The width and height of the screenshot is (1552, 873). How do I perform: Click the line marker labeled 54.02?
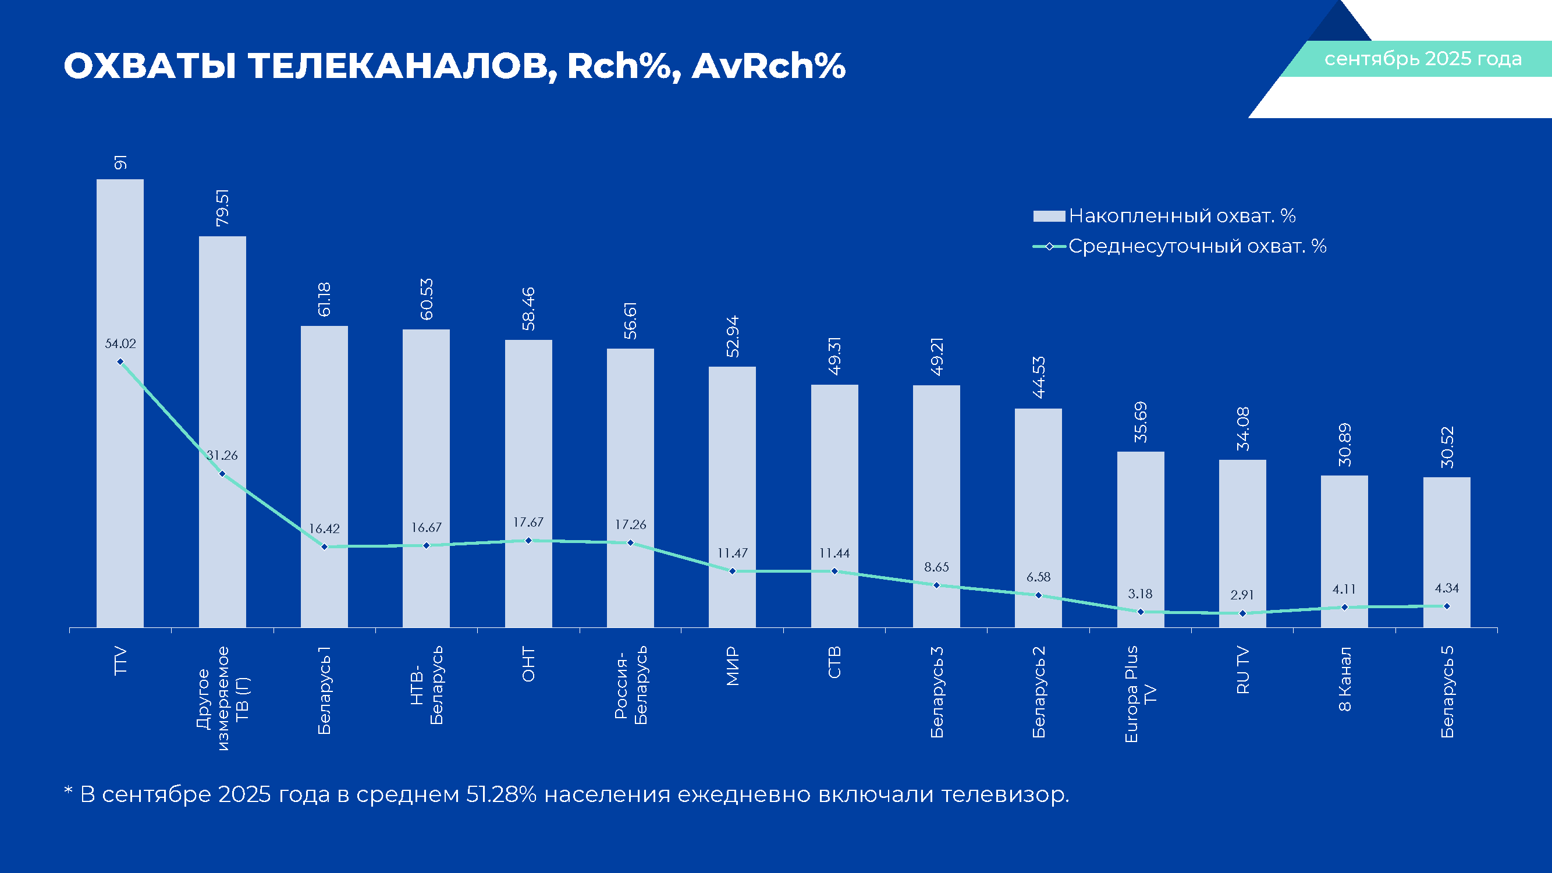click(x=120, y=361)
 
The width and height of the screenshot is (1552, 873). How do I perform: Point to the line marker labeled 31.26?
click(x=222, y=474)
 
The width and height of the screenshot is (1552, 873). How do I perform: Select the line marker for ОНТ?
click(x=528, y=541)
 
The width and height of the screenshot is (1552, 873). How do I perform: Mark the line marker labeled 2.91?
click(x=1242, y=613)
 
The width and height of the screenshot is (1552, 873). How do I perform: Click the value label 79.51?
click(x=222, y=208)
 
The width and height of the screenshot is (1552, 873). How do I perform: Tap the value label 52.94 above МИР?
click(x=733, y=336)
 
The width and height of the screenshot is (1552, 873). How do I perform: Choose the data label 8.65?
click(x=936, y=567)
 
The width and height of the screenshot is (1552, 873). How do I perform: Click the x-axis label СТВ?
click(x=834, y=662)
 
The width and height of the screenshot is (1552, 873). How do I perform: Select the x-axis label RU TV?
click(x=1242, y=670)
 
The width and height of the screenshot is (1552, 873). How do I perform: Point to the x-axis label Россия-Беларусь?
click(x=631, y=685)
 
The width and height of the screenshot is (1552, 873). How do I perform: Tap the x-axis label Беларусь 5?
click(x=1447, y=691)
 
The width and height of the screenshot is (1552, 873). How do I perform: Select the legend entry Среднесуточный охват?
click(x=1196, y=246)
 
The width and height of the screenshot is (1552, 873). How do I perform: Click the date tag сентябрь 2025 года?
click(x=1422, y=59)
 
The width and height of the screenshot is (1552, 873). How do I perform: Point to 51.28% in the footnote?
click(x=500, y=794)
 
